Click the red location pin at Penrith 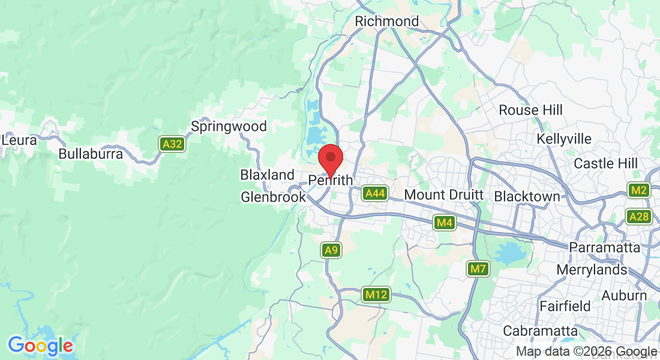[x=330, y=158]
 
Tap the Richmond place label [x=386, y=22]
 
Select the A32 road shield [x=172, y=144]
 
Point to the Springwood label [x=229, y=127]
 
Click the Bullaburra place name [x=91, y=154]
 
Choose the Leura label [x=19, y=140]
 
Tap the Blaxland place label [x=268, y=175]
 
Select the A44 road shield [x=375, y=193]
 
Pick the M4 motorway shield [x=444, y=223]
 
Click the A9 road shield [x=331, y=250]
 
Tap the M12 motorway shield [x=376, y=295]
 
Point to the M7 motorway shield [x=478, y=269]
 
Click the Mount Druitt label [x=443, y=195]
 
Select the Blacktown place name [x=527, y=197]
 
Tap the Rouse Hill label [x=531, y=110]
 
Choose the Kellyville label [x=564, y=139]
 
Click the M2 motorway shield [x=639, y=191]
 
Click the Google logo [x=40, y=346]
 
